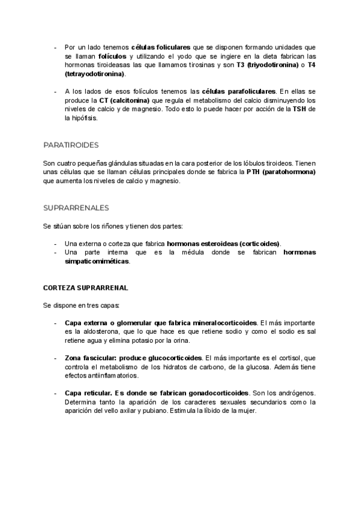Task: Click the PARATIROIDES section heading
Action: [x=71, y=145]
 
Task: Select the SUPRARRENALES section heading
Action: [x=76, y=208]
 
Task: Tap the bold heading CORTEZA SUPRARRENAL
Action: [x=85, y=288]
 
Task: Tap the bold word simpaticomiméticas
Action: [x=97, y=262]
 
